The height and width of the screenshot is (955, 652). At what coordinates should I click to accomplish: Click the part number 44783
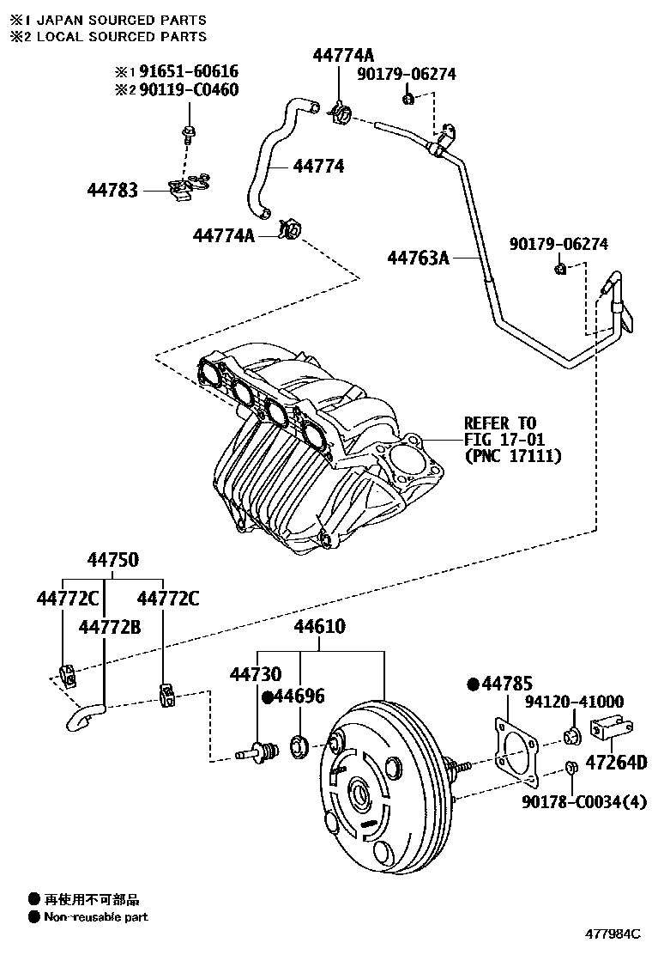click(x=112, y=189)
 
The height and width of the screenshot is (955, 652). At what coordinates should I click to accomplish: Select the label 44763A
click(x=418, y=257)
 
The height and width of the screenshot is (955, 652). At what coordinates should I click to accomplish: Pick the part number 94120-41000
click(x=574, y=702)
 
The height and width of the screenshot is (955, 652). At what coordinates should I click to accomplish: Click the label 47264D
click(x=615, y=763)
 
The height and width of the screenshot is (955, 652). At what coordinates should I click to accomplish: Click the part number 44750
click(x=112, y=559)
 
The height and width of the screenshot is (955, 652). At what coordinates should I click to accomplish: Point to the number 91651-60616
click(x=190, y=72)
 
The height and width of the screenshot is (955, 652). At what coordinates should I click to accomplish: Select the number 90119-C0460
click(x=190, y=89)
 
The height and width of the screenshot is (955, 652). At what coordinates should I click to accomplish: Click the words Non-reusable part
click(x=96, y=917)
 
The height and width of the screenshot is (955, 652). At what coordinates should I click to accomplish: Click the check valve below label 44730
click(x=257, y=752)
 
